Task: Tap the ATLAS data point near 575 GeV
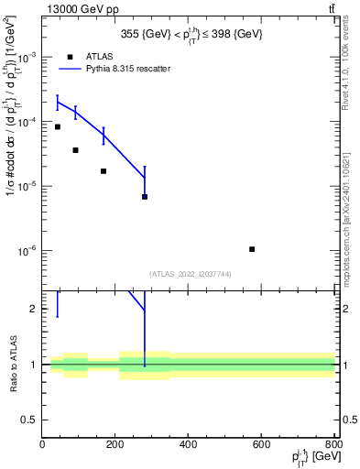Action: [252, 249]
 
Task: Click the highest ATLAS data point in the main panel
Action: [57, 126]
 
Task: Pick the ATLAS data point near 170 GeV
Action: [104, 171]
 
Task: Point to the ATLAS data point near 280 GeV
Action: [145, 197]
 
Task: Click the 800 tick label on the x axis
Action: [333, 445]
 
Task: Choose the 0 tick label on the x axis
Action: [42, 445]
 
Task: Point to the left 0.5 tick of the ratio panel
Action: [31, 420]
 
